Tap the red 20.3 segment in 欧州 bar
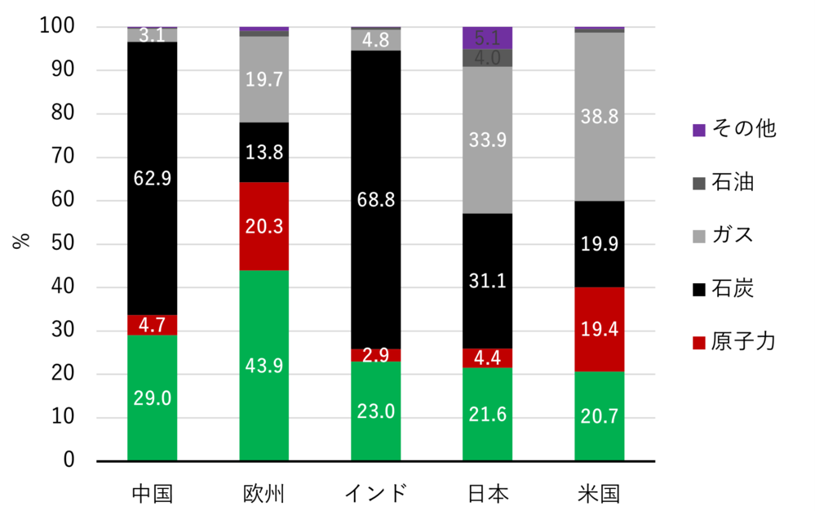(264, 226)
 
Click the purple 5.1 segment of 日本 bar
(487, 37)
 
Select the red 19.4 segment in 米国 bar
(599, 329)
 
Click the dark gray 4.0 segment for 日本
(487, 58)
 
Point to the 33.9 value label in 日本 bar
(487, 140)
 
